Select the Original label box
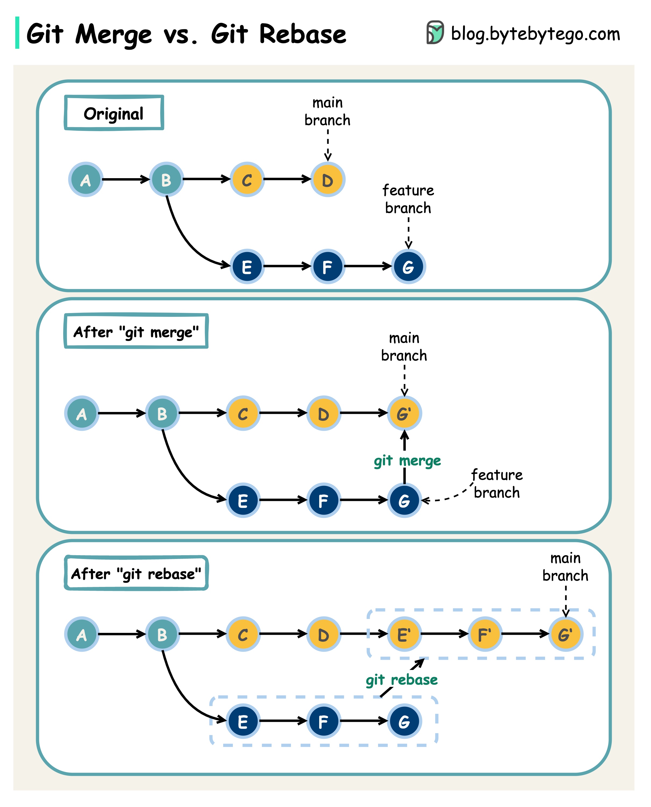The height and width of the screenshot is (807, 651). tap(114, 113)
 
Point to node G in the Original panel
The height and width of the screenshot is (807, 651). tap(408, 267)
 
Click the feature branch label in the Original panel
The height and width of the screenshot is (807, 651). tap(408, 199)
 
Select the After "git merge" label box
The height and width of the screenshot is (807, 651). tap(136, 331)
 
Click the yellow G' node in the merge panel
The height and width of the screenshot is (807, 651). tap(404, 413)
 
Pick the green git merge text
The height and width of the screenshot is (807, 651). tap(407, 461)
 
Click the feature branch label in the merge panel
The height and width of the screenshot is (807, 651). tap(496, 483)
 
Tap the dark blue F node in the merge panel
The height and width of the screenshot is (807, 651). tap(323, 500)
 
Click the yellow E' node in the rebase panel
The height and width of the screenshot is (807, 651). tap(404, 634)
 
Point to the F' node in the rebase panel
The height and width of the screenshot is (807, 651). tap(485, 634)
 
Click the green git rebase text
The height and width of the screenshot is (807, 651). tap(402, 680)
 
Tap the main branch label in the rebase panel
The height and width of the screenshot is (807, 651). tap(565, 567)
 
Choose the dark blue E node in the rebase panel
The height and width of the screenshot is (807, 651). tap(243, 721)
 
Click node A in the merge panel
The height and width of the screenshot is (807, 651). tap(82, 413)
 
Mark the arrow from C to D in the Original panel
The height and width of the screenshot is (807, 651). tap(287, 179)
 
